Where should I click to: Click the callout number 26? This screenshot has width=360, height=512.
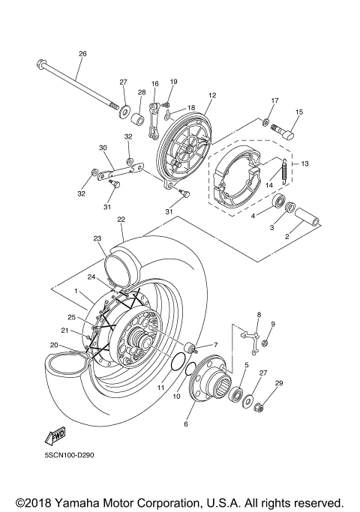pyautogui.click(x=82, y=53)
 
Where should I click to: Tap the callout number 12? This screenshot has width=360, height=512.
pyautogui.click(x=212, y=95)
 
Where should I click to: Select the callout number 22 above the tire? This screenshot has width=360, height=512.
pyautogui.click(x=121, y=219)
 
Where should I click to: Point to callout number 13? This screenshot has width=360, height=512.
pyautogui.click(x=305, y=164)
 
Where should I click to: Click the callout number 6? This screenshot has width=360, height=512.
pyautogui.click(x=187, y=424)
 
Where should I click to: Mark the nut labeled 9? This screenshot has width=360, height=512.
pyautogui.click(x=265, y=343)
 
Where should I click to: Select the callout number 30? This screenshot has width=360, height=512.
pyautogui.click(x=103, y=148)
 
